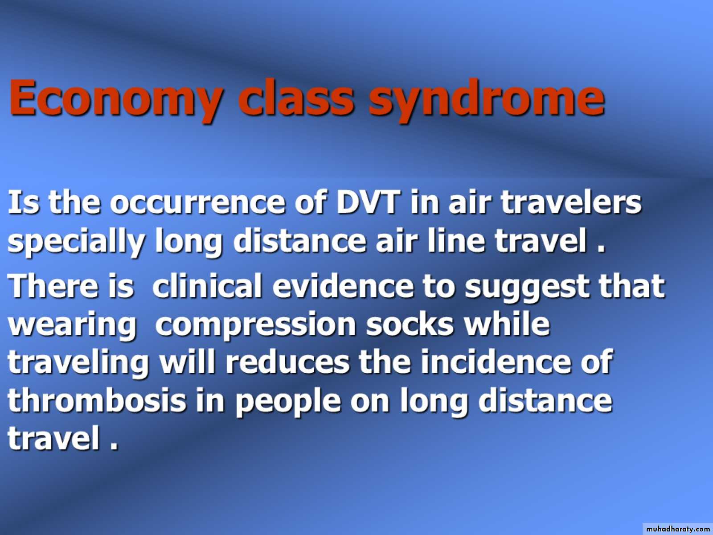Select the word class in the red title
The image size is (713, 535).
[x=296, y=98]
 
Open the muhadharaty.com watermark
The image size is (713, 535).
[x=678, y=529]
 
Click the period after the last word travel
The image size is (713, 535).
[x=113, y=447]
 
